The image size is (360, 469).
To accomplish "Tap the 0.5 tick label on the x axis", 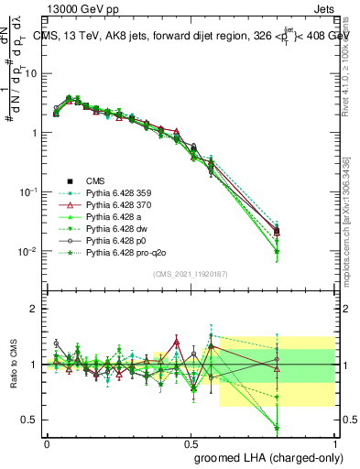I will [x=191, y=441].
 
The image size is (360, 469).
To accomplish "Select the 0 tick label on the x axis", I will [x=47, y=441].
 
